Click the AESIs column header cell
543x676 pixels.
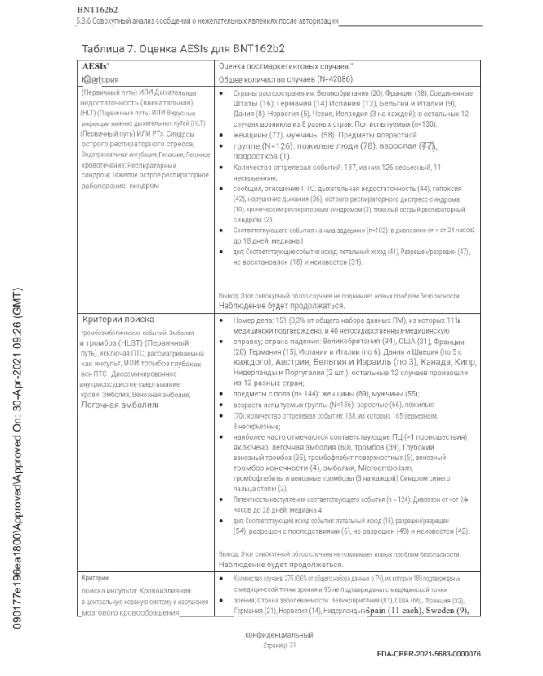click(96, 63)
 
